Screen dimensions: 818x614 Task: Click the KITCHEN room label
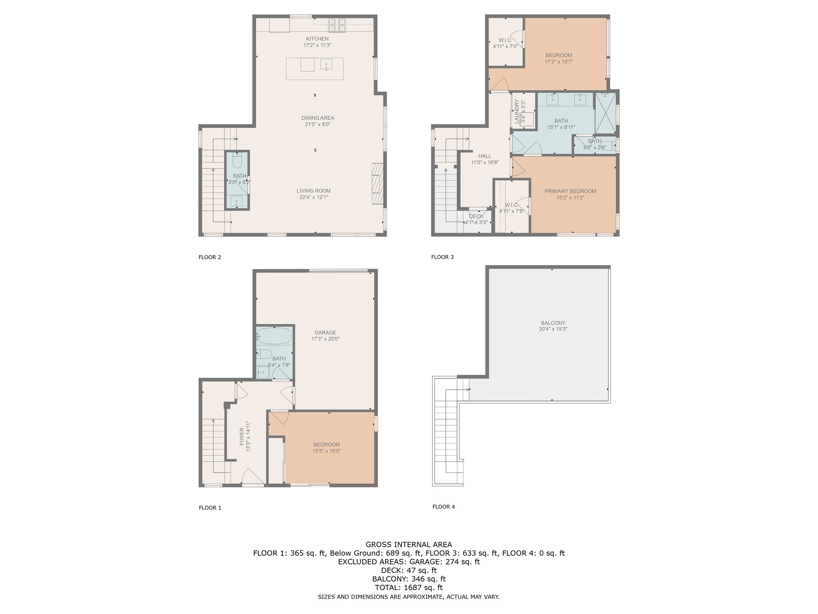[317, 39]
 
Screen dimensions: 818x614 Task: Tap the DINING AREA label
[318, 118]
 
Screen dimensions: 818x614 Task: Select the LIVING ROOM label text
[314, 191]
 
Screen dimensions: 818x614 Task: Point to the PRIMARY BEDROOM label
[570, 191]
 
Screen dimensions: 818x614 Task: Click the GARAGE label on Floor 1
[325, 332]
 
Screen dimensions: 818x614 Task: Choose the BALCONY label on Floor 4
[553, 323]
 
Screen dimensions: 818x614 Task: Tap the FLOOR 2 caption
[210, 257]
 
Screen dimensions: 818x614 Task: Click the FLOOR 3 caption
[443, 257]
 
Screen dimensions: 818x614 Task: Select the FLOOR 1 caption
[210, 508]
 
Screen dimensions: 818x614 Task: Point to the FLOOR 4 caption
[444, 506]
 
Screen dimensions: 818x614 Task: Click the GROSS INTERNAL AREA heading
[409, 544]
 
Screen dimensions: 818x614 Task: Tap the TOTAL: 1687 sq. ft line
[409, 588]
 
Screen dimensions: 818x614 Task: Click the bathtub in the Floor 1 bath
[274, 336]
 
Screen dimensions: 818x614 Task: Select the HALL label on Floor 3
[485, 156]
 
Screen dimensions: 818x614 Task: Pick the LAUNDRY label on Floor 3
[516, 112]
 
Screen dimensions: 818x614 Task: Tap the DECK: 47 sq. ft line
[409, 570]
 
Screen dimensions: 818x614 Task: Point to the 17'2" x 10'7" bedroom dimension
[559, 62]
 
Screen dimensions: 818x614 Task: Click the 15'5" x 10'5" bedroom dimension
[327, 451]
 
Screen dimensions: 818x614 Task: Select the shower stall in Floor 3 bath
[605, 113]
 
